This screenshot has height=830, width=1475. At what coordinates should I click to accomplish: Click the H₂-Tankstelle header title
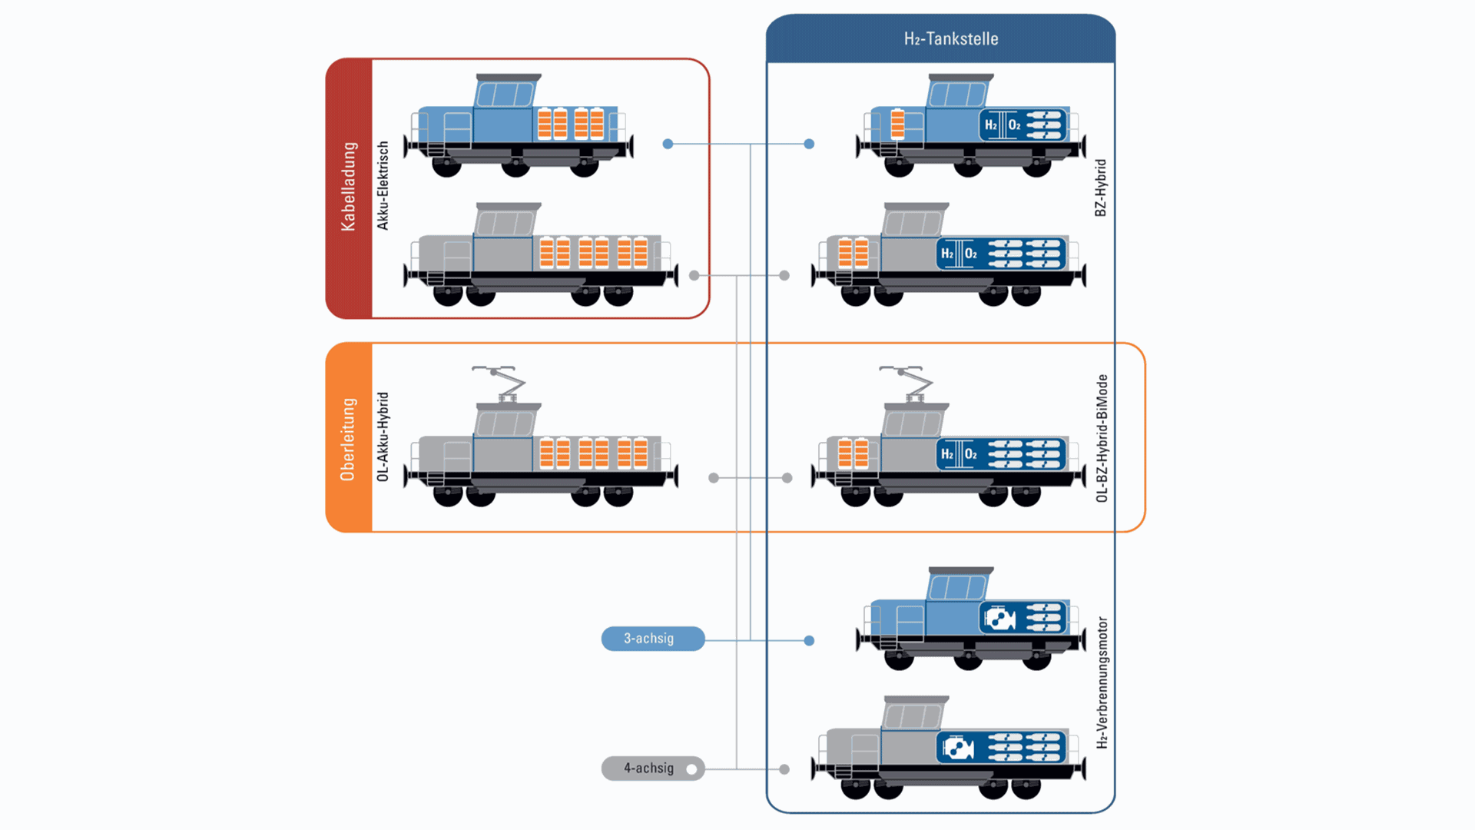pyautogui.click(x=950, y=39)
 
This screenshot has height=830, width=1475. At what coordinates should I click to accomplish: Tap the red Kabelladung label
pyautogui.click(x=349, y=187)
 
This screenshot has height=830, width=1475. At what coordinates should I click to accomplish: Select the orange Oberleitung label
pyautogui.click(x=348, y=439)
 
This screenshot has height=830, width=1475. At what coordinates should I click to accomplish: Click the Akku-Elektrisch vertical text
pyautogui.click(x=383, y=185)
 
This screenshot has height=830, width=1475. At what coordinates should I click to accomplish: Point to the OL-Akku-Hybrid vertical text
pyautogui.click(x=383, y=437)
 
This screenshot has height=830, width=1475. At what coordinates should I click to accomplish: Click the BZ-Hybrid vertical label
pyautogui.click(x=1100, y=188)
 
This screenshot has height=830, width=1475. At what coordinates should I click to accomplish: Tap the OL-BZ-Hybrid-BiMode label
pyautogui.click(x=1102, y=438)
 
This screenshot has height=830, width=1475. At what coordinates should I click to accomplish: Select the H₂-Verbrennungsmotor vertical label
pyautogui.click(x=1102, y=682)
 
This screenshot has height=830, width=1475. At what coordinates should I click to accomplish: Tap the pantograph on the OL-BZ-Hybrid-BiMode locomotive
pyautogui.click(x=908, y=383)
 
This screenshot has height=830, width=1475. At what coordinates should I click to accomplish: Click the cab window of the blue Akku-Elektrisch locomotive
pyautogui.click(x=504, y=95)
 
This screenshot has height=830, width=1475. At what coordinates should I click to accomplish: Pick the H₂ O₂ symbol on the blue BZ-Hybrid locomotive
pyautogui.click(x=1002, y=125)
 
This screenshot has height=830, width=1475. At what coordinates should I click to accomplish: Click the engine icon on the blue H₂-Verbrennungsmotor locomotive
pyautogui.click(x=999, y=618)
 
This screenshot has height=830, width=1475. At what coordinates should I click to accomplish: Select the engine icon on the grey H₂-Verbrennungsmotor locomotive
pyautogui.click(x=957, y=748)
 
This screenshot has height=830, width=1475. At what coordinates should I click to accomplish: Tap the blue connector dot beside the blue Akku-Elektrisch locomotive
pyautogui.click(x=668, y=144)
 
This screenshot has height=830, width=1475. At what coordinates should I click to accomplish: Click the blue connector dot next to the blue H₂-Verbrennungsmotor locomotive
pyautogui.click(x=809, y=640)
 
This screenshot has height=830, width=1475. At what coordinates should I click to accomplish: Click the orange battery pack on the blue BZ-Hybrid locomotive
pyautogui.click(x=897, y=124)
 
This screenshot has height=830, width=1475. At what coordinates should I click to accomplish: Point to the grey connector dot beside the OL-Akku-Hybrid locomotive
pyautogui.click(x=714, y=478)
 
